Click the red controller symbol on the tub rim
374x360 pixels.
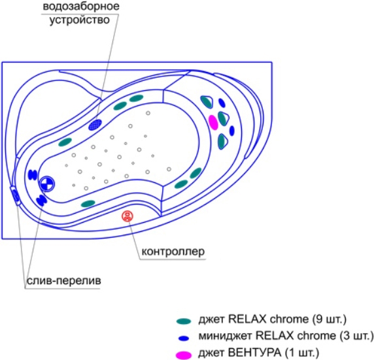point(127,216)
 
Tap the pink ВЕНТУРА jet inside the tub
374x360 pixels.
point(213,122)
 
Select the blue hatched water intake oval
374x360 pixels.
point(95,125)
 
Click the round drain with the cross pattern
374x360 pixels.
point(47,184)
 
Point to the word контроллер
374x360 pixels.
point(173,252)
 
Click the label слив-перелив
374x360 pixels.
point(63,280)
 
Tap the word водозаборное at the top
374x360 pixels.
point(81,6)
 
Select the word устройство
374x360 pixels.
point(79,20)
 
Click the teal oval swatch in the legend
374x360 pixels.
point(184,321)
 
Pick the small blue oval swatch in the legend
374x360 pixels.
point(184,338)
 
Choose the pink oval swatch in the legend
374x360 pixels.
point(184,355)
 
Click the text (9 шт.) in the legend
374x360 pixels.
point(329,319)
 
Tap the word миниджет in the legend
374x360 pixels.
point(225,336)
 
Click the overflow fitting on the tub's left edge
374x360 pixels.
point(16,196)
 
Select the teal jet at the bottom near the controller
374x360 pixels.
point(88,203)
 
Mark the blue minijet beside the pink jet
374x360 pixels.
point(232,131)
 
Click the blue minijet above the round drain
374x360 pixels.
point(33,174)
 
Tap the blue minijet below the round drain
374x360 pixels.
point(41,201)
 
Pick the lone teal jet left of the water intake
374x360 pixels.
point(65,142)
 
